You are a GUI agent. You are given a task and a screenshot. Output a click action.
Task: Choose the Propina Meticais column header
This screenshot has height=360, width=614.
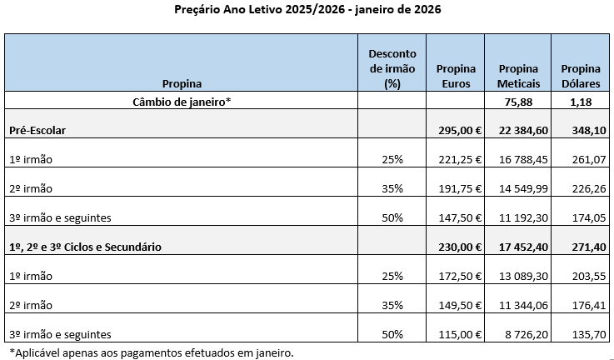tap(518, 76)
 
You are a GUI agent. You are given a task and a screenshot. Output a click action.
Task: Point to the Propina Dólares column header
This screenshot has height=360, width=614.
tap(582, 76)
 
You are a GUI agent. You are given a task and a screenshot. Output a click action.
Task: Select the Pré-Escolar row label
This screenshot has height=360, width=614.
tap(38, 131)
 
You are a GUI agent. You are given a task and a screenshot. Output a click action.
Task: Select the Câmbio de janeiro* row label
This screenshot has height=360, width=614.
tap(182, 102)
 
